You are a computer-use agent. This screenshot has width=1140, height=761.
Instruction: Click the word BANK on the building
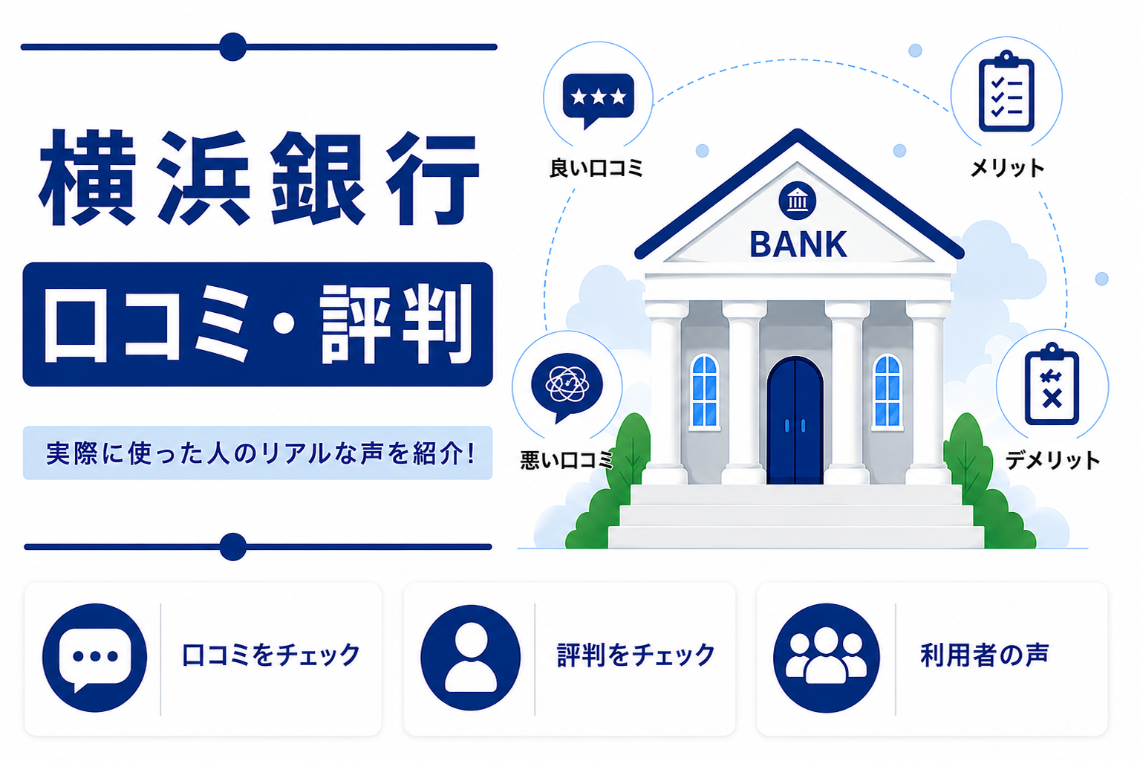coord(798,245)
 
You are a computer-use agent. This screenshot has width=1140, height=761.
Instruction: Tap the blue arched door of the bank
coord(795,421)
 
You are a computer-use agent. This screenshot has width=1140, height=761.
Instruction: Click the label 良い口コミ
coord(596,167)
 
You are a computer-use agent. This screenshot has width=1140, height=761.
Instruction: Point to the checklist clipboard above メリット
coord(1006,91)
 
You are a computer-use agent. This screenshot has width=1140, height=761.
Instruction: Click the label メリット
coord(1007,167)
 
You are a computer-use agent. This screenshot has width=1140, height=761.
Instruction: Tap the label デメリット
coord(1052,460)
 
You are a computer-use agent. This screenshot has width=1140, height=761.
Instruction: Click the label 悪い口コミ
coord(567,460)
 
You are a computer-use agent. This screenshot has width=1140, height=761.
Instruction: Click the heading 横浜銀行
coord(258,178)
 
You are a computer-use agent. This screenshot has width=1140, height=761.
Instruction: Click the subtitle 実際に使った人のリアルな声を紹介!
coord(260,453)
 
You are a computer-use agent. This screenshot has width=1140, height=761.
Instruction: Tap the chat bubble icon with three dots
coord(94,657)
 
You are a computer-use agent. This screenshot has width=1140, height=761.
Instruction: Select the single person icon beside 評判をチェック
coord(471,657)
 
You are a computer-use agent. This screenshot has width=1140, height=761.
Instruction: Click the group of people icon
coord(826,657)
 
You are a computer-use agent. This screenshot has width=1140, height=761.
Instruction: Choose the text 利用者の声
coord(984,655)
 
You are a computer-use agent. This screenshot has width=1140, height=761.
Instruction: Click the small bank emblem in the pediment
coord(798,201)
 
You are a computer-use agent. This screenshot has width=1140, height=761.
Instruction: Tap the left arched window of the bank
coord(705,391)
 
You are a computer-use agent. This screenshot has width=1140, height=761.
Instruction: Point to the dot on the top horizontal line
coord(233,47)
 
